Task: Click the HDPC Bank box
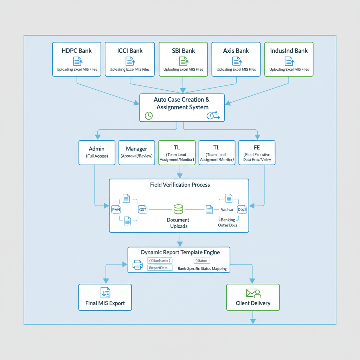77,59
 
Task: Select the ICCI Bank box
130,59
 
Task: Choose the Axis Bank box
236,59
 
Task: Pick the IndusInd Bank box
289,59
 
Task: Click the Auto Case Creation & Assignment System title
182,103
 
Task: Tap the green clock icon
149,116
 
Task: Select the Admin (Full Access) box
97,153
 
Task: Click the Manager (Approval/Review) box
136,153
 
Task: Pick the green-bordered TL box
177,153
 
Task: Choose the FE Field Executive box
257,153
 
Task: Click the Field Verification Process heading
180,185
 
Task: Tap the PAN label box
116,210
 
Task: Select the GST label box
143,210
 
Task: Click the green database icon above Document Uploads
179,210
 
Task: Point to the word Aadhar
227,210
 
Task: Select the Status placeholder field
202,261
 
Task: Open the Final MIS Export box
105,297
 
